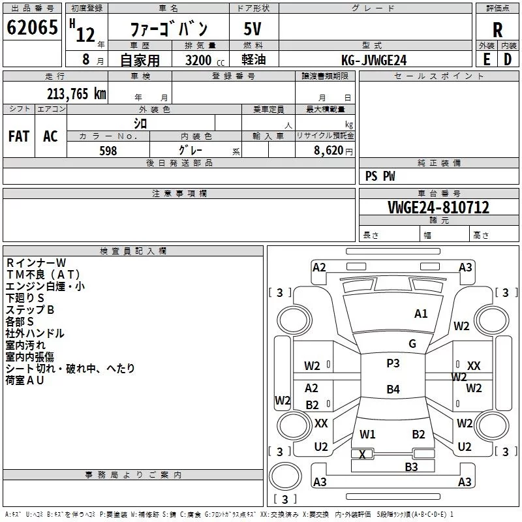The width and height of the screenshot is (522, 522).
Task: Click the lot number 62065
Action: coord(31,28)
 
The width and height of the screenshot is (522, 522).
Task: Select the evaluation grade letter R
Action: coord(497,30)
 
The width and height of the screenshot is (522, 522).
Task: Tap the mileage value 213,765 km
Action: coord(76,93)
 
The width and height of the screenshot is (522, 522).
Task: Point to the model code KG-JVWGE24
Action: coord(374,60)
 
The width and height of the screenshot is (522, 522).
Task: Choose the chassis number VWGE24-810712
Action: coord(438,207)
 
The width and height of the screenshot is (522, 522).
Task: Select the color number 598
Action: coord(108,151)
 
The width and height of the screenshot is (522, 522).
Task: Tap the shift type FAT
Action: coord(18,136)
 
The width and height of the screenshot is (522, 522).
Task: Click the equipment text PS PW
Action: coord(380,176)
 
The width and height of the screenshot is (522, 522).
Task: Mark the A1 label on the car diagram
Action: coord(421,314)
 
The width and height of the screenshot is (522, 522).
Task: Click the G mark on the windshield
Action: coord(412,344)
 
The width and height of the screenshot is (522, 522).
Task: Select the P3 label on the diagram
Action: coord(393,363)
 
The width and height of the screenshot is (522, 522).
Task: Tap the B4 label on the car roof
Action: coord(393,390)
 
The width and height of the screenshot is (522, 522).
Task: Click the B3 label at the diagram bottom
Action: coord(411,467)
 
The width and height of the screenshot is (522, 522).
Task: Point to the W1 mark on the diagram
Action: coord(367,435)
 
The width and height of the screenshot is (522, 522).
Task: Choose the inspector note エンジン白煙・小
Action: coord(45,286)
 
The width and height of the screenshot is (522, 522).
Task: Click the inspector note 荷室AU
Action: coord(25,380)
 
